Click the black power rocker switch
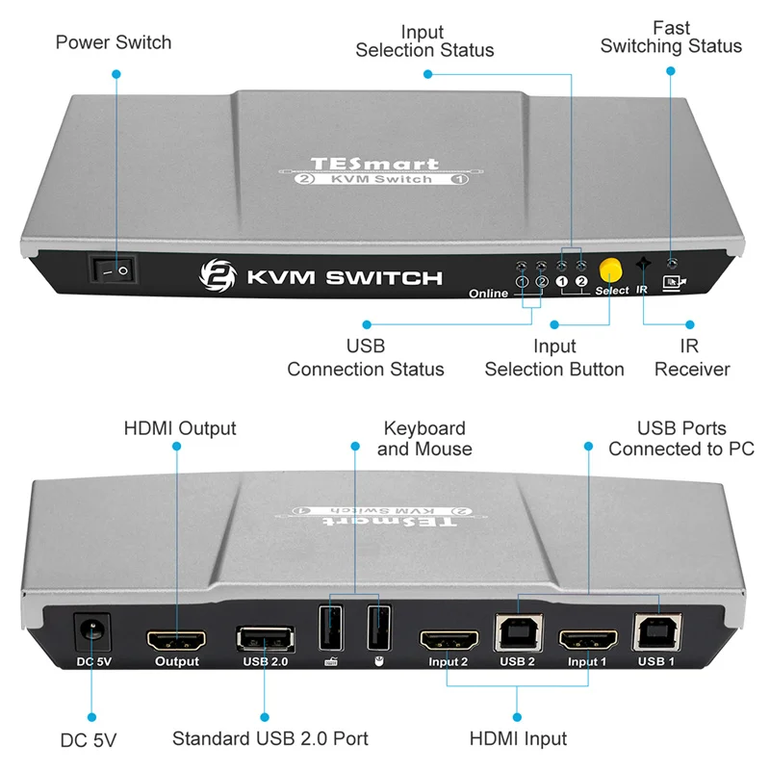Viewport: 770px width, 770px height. point(113,269)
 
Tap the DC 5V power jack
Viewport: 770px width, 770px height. point(91,632)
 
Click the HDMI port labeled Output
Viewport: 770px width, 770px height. point(177,641)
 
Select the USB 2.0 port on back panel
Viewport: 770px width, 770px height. point(266,639)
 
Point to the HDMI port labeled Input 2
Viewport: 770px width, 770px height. point(449,641)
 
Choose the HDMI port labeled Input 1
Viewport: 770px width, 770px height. point(588,641)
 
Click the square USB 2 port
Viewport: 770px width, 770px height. point(518,633)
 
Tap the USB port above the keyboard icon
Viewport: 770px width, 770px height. point(331,629)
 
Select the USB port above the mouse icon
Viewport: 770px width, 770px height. point(379,629)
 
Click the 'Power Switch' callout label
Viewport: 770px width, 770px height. point(114,42)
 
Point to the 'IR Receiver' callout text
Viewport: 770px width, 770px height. point(692,358)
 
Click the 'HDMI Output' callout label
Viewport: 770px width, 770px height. point(180,428)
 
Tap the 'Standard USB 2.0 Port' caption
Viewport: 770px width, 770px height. point(270,738)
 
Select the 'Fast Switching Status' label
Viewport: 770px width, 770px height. point(671,38)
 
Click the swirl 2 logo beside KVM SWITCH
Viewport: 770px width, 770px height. point(218,275)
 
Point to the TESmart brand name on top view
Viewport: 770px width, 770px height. point(374,164)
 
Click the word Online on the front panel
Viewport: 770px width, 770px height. point(488,294)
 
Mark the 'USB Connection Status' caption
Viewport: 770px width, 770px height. point(366,358)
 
